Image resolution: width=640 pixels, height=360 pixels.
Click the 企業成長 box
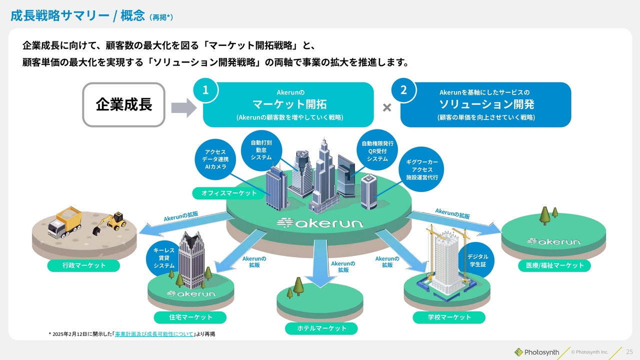pyautogui.click(x=123, y=104)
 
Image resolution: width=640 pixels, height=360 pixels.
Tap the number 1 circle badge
pyautogui.click(x=205, y=90)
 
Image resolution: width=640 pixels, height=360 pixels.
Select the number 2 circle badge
pyautogui.click(x=403, y=90)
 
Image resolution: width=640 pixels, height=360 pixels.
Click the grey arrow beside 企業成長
pyautogui.click(x=184, y=107)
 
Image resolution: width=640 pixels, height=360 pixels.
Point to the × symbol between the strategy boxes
pyautogui.click(x=387, y=107)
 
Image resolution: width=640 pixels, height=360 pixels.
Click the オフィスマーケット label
pyautogui.click(x=229, y=193)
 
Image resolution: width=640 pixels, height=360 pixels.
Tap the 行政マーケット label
pyautogui.click(x=83, y=265)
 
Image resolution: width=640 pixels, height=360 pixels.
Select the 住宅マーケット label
pyautogui.click(x=190, y=317)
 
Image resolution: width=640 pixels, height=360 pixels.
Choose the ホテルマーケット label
pyautogui.click(x=321, y=328)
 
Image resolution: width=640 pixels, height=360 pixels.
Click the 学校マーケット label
pyautogui.click(x=449, y=317)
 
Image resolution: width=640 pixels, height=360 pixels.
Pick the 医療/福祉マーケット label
pyautogui.click(x=554, y=265)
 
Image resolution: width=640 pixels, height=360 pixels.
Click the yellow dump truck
pyautogui.click(x=64, y=222)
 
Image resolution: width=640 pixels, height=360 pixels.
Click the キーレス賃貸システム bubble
pyautogui.click(x=163, y=258)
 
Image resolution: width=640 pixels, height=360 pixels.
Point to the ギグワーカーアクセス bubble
pyautogui.click(x=421, y=169)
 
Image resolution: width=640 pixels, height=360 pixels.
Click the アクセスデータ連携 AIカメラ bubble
pyautogui.click(x=215, y=159)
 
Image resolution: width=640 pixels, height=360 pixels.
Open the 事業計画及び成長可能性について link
pyautogui.click(x=154, y=334)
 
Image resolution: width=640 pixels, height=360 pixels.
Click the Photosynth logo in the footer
pyautogui.click(x=537, y=352)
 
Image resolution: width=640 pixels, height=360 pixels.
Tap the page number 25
pyautogui.click(x=629, y=351)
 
